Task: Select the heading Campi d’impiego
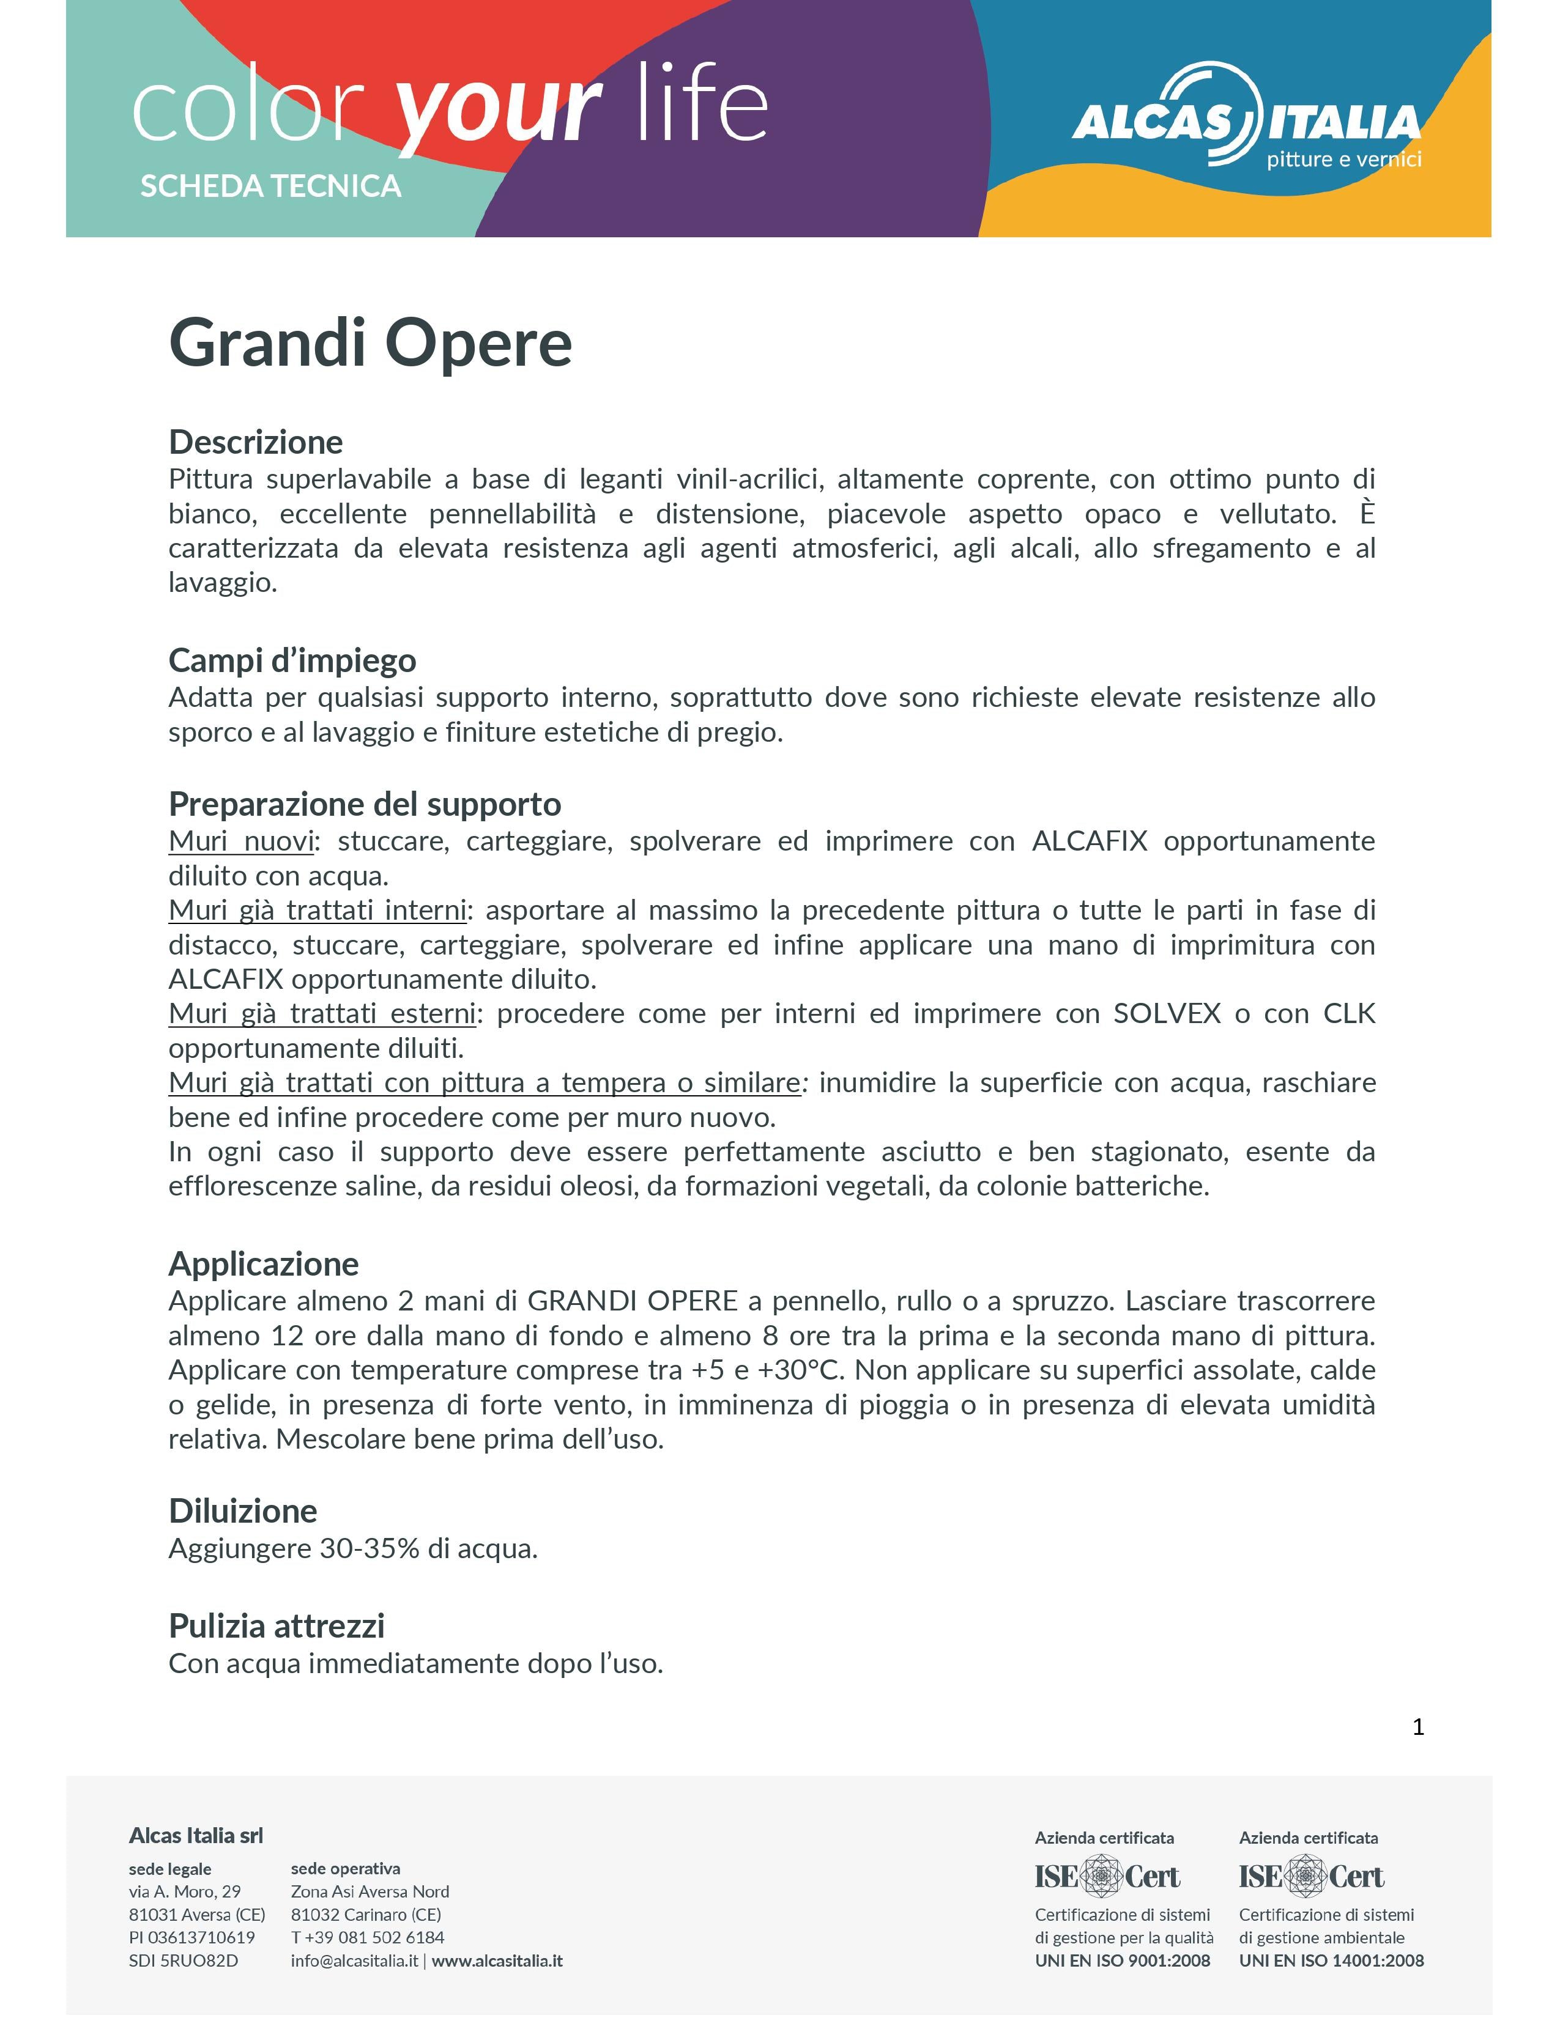point(292,660)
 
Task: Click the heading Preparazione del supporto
point(364,804)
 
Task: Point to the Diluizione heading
point(242,1510)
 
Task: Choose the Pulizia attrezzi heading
point(277,1625)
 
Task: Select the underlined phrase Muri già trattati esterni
point(322,1014)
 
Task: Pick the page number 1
point(1417,1726)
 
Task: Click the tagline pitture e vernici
point(1343,159)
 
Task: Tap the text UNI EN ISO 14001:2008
point(1331,1960)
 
